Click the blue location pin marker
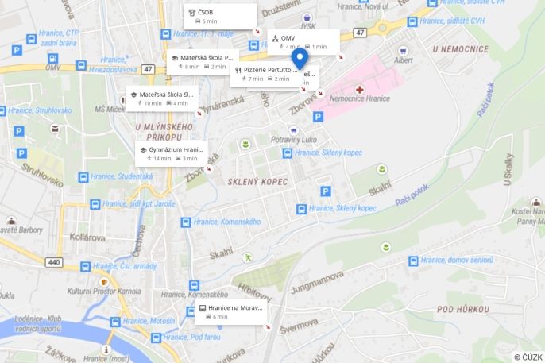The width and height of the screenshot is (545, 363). pyautogui.click(x=299, y=60)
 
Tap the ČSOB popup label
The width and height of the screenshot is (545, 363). pyautogui.click(x=221, y=16)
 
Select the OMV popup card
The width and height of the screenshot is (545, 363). pyautogui.click(x=303, y=41)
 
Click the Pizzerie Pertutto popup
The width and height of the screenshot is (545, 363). pyautogui.click(x=266, y=74)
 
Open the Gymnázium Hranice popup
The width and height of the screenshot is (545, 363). pyautogui.click(x=172, y=153)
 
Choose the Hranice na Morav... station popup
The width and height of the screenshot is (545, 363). pyautogui.click(x=230, y=311)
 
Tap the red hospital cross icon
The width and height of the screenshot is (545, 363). pyautogui.click(x=360, y=90)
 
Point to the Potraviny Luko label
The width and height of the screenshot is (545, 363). pyautogui.click(x=294, y=139)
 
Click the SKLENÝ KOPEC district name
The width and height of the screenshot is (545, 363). pyautogui.click(x=257, y=181)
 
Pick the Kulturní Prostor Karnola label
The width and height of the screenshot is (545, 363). pyautogui.click(x=103, y=291)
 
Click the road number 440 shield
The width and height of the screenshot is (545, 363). pyautogui.click(x=53, y=261)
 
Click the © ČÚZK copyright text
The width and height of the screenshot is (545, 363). pyautogui.click(x=528, y=357)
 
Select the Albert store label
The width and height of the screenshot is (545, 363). pyautogui.click(x=404, y=60)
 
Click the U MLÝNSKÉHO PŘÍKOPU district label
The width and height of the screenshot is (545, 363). pyautogui.click(x=164, y=132)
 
